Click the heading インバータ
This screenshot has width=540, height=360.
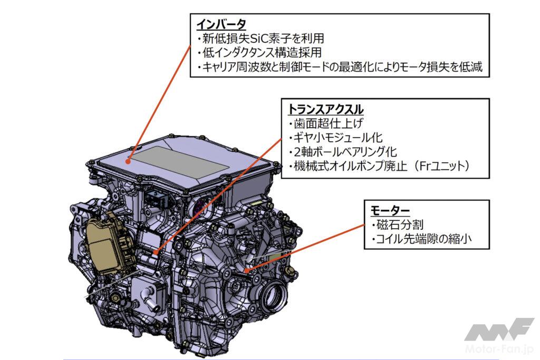[221, 24]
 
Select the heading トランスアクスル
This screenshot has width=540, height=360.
[325, 109]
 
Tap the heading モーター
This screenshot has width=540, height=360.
[390, 210]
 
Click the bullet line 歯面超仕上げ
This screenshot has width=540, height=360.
[326, 123]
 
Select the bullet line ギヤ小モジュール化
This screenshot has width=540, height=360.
[336, 138]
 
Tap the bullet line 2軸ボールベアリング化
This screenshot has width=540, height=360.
[343, 152]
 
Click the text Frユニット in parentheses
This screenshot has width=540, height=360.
[442, 166]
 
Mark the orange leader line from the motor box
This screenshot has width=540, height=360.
[305, 248]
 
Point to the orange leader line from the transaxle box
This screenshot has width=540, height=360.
[219, 196]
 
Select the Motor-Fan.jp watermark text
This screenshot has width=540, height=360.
[499, 349]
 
